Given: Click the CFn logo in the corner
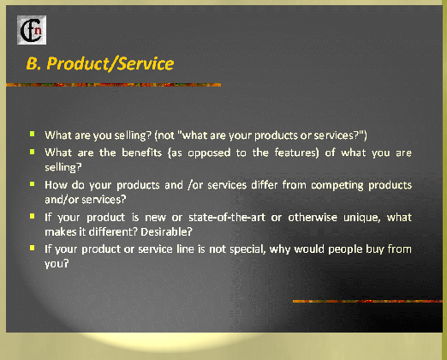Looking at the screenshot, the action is tap(32, 30).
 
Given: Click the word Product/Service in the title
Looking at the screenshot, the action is tap(110, 63).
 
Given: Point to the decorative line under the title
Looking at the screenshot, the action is tap(114, 85).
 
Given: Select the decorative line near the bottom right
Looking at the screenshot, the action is tap(367, 301).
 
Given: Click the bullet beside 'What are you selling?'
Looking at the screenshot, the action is tap(33, 134).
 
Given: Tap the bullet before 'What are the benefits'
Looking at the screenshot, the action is tap(33, 152).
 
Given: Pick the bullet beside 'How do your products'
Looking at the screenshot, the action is tap(33, 183).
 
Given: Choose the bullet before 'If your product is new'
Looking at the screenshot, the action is tap(33, 216).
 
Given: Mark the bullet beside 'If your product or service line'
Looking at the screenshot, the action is tap(33, 248).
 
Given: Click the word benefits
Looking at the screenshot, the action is tap(142, 153).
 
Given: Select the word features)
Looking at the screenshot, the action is tap(296, 153).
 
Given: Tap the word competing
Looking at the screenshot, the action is tap(337, 185).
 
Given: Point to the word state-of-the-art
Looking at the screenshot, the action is tap(227, 218).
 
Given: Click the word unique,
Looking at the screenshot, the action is tap(362, 218).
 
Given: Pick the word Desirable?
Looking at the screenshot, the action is tap(166, 231).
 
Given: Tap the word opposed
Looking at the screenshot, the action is tap(209, 153).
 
